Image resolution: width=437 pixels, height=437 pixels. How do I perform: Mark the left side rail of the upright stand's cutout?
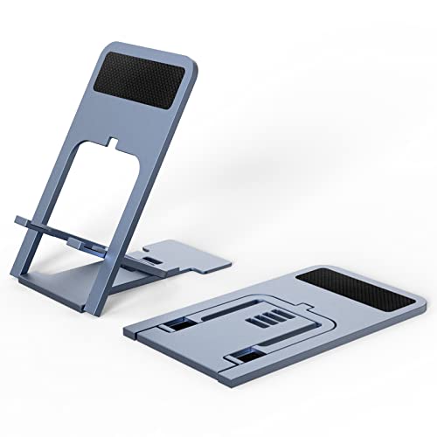[x=73, y=192]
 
